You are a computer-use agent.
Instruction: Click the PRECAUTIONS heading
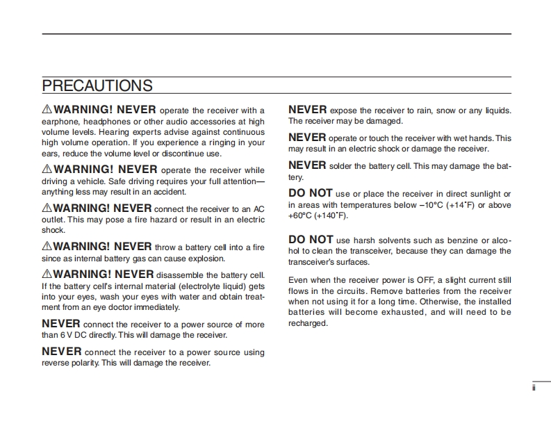point(97,85)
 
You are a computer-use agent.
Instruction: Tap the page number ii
point(534,388)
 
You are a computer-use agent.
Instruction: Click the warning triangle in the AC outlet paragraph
point(47,208)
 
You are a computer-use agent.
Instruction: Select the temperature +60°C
point(301,215)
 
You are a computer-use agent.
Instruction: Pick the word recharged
point(307,323)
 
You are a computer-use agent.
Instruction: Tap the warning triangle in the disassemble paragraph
point(47,274)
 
